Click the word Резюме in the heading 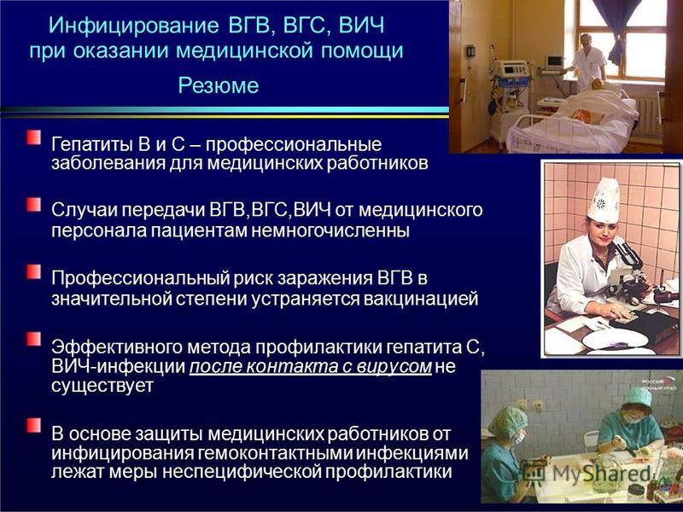[219, 84]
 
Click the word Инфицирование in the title [133, 26]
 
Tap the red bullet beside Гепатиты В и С [33, 137]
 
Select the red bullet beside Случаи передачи [33, 204]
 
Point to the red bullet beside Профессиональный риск [33, 271]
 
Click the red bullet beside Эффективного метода [33, 339]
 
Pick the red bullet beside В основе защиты [33, 426]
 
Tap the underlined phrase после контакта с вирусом [311, 367]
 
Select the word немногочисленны [330, 230]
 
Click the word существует [102, 386]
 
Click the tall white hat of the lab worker [604, 201]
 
